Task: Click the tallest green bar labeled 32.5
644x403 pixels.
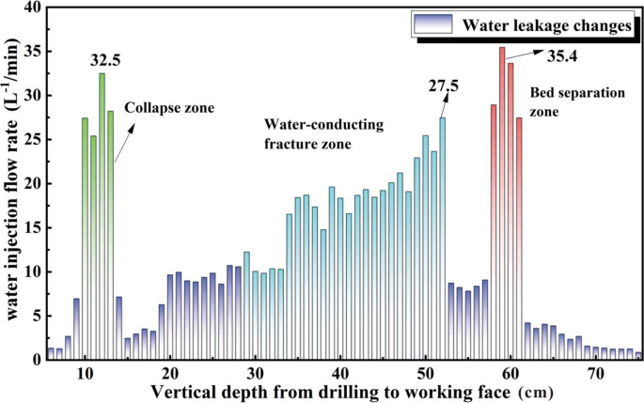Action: (x=102, y=216)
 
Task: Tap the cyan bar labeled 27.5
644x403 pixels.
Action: (x=442, y=235)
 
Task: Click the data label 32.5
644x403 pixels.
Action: (x=104, y=60)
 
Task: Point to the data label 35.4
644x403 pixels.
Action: (x=561, y=57)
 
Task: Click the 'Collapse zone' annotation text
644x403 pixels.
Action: (x=169, y=108)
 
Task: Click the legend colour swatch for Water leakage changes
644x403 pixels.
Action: (x=432, y=23)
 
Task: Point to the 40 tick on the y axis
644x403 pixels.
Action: (x=32, y=8)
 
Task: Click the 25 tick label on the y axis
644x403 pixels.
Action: (x=32, y=140)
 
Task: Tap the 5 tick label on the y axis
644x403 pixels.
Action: (x=36, y=316)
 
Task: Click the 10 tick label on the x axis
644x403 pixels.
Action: (x=85, y=373)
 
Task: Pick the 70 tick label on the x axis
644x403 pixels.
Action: (x=595, y=373)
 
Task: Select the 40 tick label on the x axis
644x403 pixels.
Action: (x=339, y=373)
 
